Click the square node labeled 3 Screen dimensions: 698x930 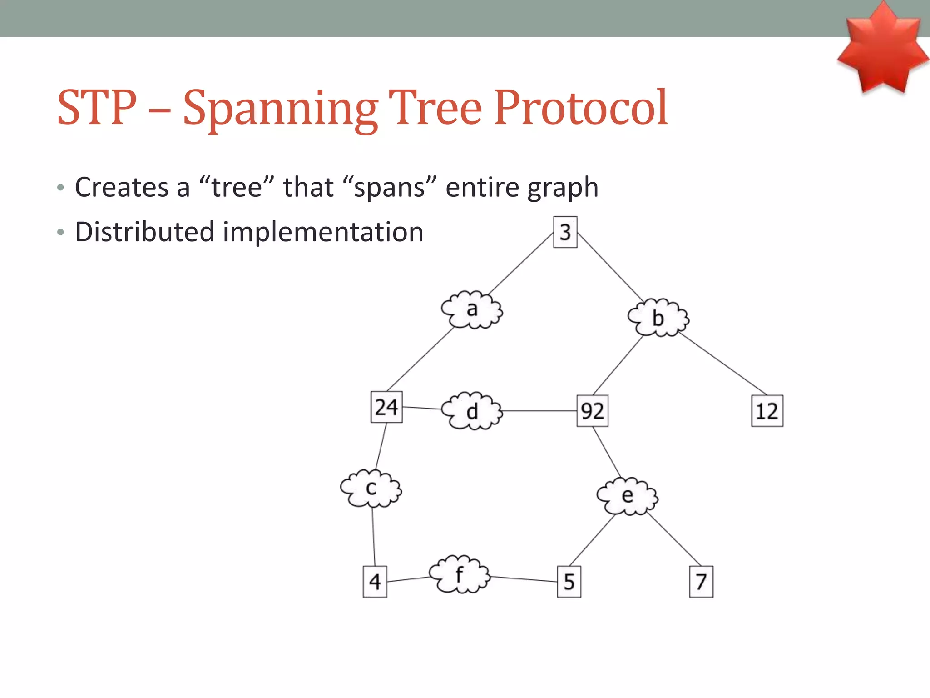(x=565, y=232)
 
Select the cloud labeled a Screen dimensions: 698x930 (x=472, y=310)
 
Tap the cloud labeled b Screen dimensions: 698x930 (x=658, y=318)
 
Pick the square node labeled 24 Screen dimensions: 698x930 (x=386, y=407)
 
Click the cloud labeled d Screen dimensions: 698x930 (x=472, y=411)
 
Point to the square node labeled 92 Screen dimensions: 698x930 (x=592, y=411)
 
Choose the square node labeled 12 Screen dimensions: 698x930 (x=767, y=411)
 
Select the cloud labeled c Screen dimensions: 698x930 (x=371, y=489)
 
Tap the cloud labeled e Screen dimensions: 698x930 (x=627, y=496)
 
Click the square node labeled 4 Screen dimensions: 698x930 (x=375, y=582)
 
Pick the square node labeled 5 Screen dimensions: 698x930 (x=569, y=582)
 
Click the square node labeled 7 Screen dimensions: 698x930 (x=701, y=582)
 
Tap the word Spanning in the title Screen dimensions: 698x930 (x=280, y=109)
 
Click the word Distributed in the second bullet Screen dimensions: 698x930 (x=144, y=232)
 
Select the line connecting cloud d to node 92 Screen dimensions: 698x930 (x=539, y=411)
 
